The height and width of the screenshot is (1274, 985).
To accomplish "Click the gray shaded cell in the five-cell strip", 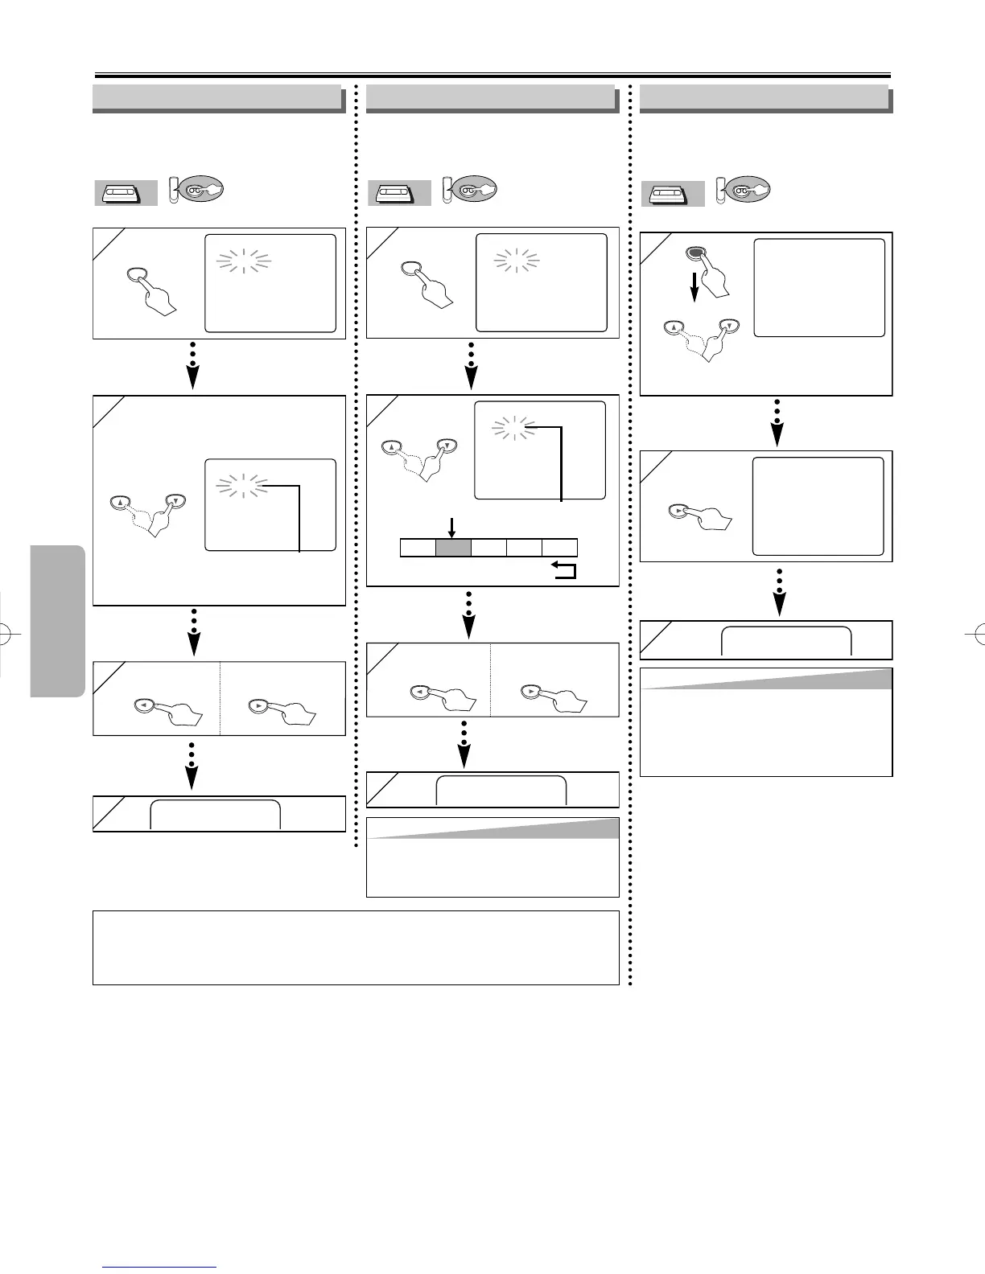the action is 453,548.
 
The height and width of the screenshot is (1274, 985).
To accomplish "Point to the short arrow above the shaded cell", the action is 452,528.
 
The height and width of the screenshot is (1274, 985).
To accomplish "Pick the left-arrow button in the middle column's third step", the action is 418,691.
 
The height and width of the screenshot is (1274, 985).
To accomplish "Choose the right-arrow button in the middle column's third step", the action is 532,691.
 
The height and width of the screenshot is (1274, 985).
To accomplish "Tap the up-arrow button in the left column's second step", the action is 119,503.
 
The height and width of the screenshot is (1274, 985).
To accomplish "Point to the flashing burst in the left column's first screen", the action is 244,261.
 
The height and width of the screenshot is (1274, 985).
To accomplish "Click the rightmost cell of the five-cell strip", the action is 559,548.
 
